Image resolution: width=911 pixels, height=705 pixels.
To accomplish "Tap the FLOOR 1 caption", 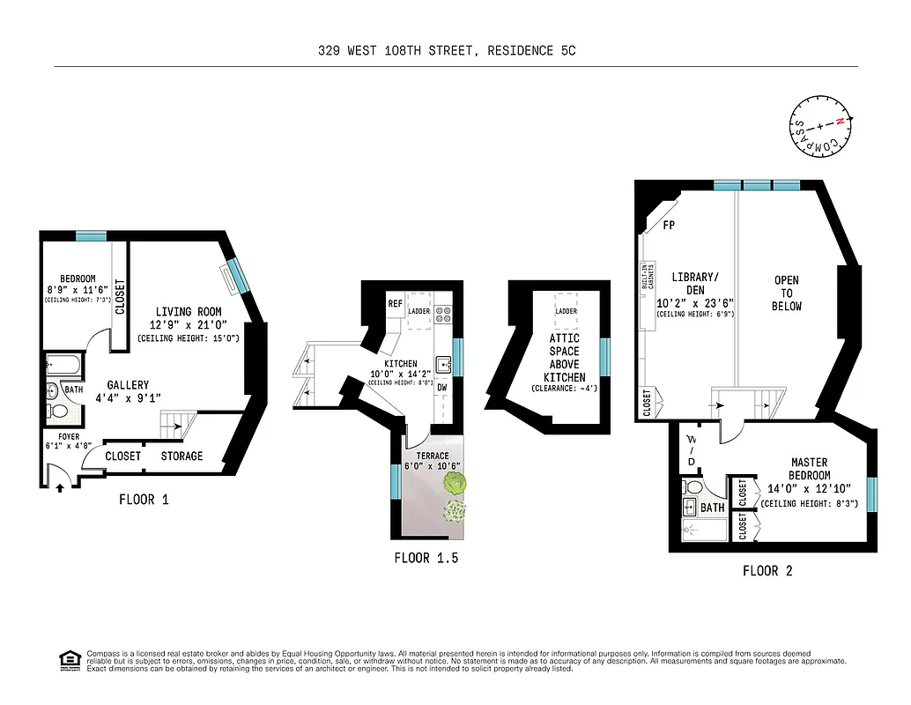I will coord(144,500).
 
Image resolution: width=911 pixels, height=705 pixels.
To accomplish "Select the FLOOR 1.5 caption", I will coord(426,558).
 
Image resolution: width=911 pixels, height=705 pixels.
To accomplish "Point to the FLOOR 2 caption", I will coord(767,571).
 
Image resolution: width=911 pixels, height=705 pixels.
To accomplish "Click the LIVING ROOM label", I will coord(189,312).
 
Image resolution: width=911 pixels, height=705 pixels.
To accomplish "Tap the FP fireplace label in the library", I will coord(669,226).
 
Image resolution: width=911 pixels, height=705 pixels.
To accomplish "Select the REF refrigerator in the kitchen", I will coord(396,304).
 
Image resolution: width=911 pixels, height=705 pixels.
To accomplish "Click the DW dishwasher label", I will coord(443,387).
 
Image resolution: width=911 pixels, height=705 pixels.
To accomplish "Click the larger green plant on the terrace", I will coord(455,483).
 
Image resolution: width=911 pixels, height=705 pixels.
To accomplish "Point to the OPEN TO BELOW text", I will coord(787,293).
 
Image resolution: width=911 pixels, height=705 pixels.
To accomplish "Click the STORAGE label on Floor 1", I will coord(181,456).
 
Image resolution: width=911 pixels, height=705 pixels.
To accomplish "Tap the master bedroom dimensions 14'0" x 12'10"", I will coord(809,489).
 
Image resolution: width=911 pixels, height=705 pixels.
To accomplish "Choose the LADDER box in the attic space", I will coord(565,311).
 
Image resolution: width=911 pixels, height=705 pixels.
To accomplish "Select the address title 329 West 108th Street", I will coord(447,51).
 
